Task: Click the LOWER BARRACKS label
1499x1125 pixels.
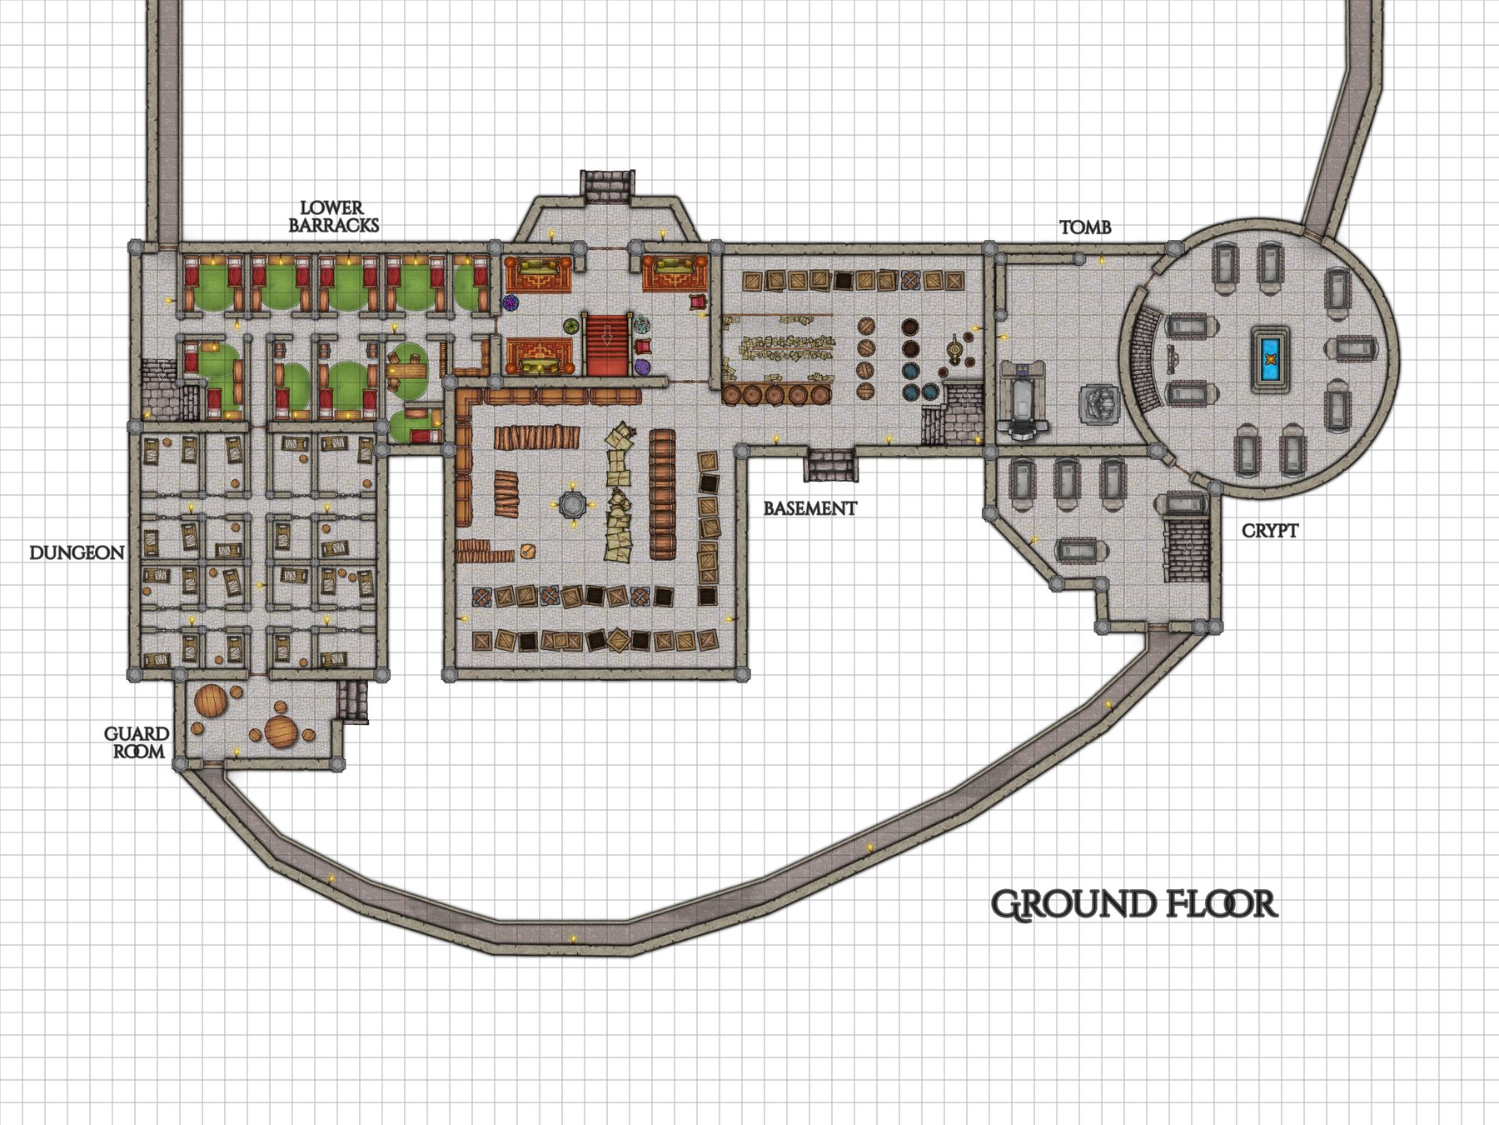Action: [333, 216]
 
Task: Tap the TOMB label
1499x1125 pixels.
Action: [1084, 227]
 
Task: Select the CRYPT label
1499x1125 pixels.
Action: [1269, 530]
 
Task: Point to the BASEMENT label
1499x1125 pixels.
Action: [809, 507]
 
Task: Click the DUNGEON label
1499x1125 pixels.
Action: [77, 552]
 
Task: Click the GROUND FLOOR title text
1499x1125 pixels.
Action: [1133, 904]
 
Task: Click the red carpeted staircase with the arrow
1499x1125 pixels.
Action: [607, 344]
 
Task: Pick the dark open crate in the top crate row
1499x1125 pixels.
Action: [844, 281]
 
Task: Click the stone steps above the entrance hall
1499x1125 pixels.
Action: [607, 186]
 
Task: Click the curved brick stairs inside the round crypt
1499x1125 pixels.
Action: [1146, 358]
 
